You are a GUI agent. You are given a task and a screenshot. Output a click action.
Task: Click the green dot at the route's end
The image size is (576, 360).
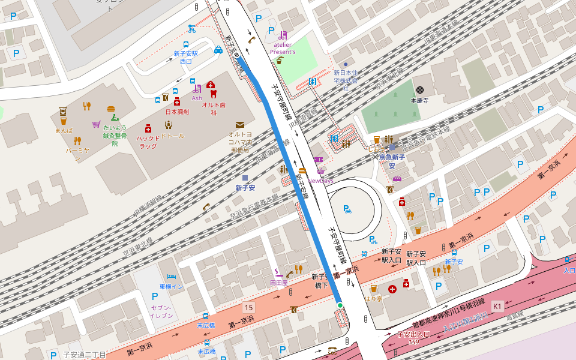click(x=340, y=305)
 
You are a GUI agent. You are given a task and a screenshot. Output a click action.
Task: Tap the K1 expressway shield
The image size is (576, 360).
click(x=497, y=306)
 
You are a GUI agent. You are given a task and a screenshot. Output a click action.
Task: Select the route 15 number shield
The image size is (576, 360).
click(x=248, y=307)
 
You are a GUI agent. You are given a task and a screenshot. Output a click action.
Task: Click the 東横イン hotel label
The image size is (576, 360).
click(x=171, y=287)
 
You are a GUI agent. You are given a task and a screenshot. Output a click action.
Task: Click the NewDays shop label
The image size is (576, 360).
click(x=320, y=180)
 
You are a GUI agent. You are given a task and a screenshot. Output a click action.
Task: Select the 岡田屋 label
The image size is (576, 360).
click(x=279, y=283)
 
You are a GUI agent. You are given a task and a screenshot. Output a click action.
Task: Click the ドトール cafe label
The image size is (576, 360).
click(x=172, y=137)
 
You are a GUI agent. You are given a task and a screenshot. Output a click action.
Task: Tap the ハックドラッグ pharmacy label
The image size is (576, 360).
click(x=148, y=142)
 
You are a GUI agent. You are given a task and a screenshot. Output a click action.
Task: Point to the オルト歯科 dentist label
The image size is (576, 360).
click(x=213, y=108)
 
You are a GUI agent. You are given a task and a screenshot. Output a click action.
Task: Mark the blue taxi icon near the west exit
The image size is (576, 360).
click(x=218, y=50)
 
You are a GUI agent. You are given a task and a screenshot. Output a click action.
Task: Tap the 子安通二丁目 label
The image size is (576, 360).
click(x=85, y=355)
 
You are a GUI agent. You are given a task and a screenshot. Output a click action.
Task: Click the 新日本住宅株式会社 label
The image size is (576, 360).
click(x=346, y=80)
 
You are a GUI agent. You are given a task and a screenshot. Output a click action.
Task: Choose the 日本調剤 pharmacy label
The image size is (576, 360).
click(x=177, y=112)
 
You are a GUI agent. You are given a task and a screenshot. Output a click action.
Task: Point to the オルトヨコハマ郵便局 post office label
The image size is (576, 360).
click(x=239, y=142)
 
